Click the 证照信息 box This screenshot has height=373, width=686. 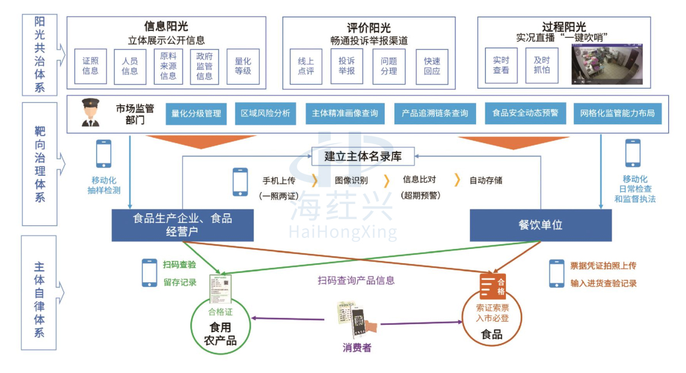pyautogui.click(x=90, y=66)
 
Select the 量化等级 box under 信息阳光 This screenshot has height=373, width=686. pyautogui.click(x=243, y=66)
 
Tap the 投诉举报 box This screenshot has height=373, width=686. pyautogui.click(x=347, y=66)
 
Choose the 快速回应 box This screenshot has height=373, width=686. pyautogui.click(x=432, y=67)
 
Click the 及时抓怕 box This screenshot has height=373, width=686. pyautogui.click(x=542, y=65)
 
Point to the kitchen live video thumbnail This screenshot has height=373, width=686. pyautogui.click(x=606, y=64)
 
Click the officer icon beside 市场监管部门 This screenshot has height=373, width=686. pyautogui.click(x=90, y=113)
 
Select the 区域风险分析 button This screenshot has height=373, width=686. pyautogui.click(x=265, y=113)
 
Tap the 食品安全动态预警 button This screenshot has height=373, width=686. pyautogui.click(x=525, y=113)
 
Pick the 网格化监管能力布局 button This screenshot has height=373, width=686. pyautogui.click(x=618, y=113)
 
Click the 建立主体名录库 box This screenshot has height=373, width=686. pyautogui.click(x=363, y=155)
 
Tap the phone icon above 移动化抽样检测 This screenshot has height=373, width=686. pyautogui.click(x=104, y=153)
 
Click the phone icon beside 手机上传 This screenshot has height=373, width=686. pyautogui.click(x=240, y=181)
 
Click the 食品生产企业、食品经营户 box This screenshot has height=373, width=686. pyautogui.click(x=182, y=225)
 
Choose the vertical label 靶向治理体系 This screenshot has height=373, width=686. pyautogui.click(x=39, y=164)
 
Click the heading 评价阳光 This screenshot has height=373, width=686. pyautogui.click(x=369, y=28)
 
